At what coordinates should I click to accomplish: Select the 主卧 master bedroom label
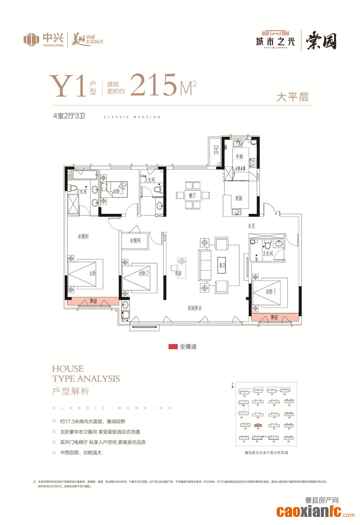click(x=92, y=273)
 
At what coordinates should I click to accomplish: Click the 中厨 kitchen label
click(x=238, y=157)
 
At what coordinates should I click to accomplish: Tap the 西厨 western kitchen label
click(x=238, y=198)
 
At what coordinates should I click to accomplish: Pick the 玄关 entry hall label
click(x=251, y=226)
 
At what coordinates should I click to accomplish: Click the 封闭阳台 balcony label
click(x=195, y=308)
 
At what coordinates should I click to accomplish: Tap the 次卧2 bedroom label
click(x=144, y=273)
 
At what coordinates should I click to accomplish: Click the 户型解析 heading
click(x=71, y=391)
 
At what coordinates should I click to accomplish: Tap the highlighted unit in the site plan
click(x=257, y=425)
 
